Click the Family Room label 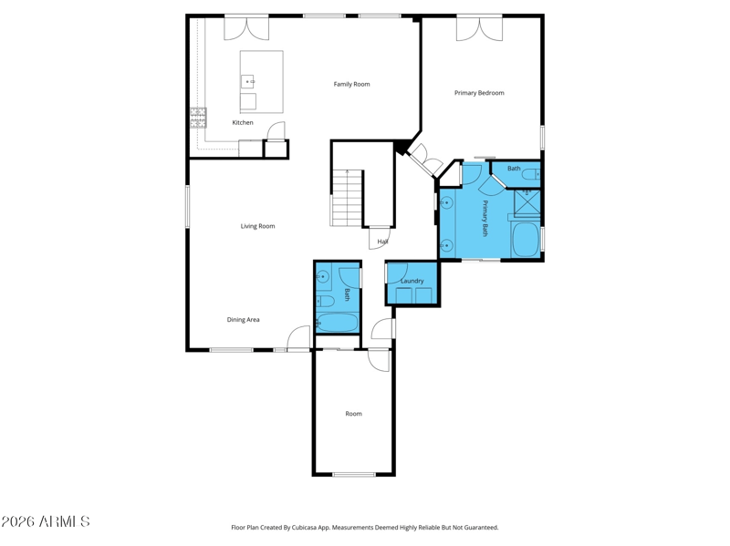(x=351, y=84)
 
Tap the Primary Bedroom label (x=479, y=93)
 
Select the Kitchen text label (x=243, y=122)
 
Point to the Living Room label (x=257, y=226)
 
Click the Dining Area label (x=243, y=320)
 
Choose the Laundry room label (x=412, y=281)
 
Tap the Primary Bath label (x=485, y=218)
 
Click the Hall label (x=382, y=242)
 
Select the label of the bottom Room (x=353, y=414)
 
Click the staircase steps (x=347, y=198)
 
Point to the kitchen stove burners (x=198, y=118)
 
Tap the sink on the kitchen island (x=247, y=81)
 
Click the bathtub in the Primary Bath (x=526, y=240)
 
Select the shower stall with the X (x=527, y=203)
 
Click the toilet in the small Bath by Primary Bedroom (x=531, y=174)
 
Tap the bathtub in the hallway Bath (x=337, y=323)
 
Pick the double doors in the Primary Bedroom (x=480, y=29)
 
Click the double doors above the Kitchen (x=246, y=28)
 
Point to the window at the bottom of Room (x=354, y=474)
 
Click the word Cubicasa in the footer (x=305, y=528)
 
